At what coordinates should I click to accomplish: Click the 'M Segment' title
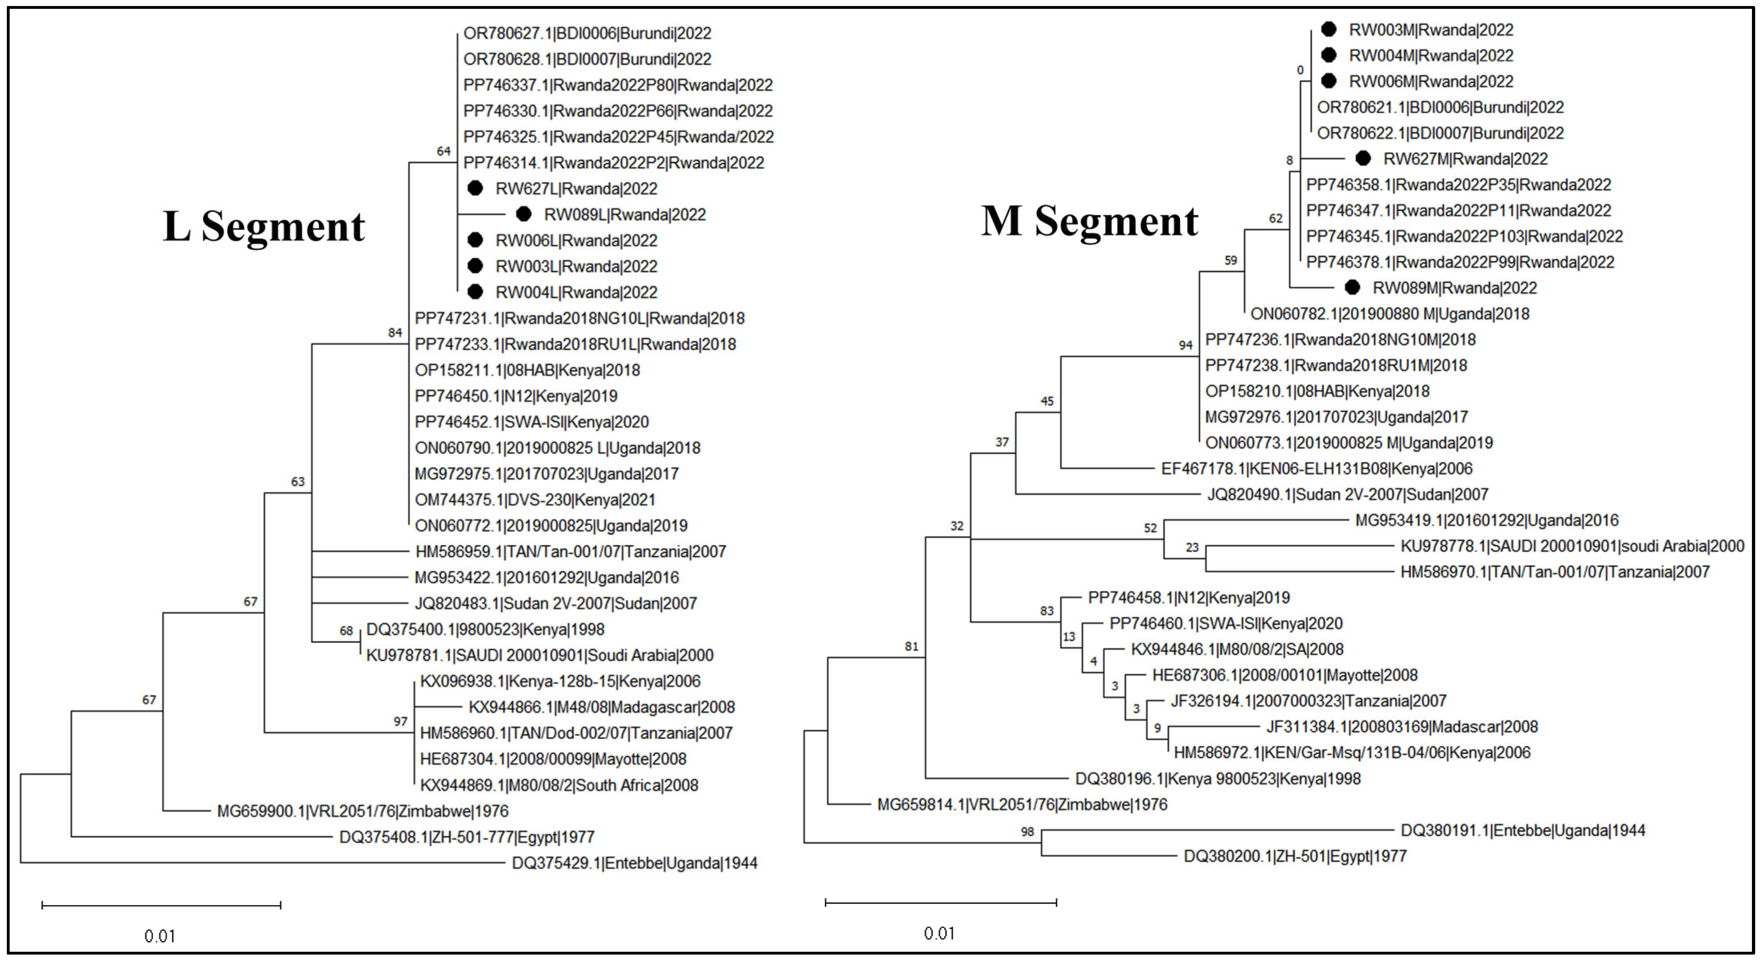point(1090,222)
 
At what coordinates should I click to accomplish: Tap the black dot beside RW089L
point(524,214)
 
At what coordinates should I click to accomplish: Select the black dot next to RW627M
point(1363,158)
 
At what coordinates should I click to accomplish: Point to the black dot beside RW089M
point(1352,288)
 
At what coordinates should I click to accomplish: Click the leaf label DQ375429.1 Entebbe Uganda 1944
point(634,863)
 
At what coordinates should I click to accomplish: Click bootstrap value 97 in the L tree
point(401,722)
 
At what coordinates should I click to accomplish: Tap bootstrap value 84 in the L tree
point(395,333)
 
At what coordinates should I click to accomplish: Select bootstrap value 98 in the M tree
point(1027,832)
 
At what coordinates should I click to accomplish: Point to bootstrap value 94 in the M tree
point(1185,345)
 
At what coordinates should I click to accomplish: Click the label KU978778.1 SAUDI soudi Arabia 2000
point(1572,546)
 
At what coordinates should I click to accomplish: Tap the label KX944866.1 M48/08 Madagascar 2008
point(601,707)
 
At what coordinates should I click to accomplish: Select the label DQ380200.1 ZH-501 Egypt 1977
point(1295,856)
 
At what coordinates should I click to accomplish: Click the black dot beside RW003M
point(1328,29)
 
